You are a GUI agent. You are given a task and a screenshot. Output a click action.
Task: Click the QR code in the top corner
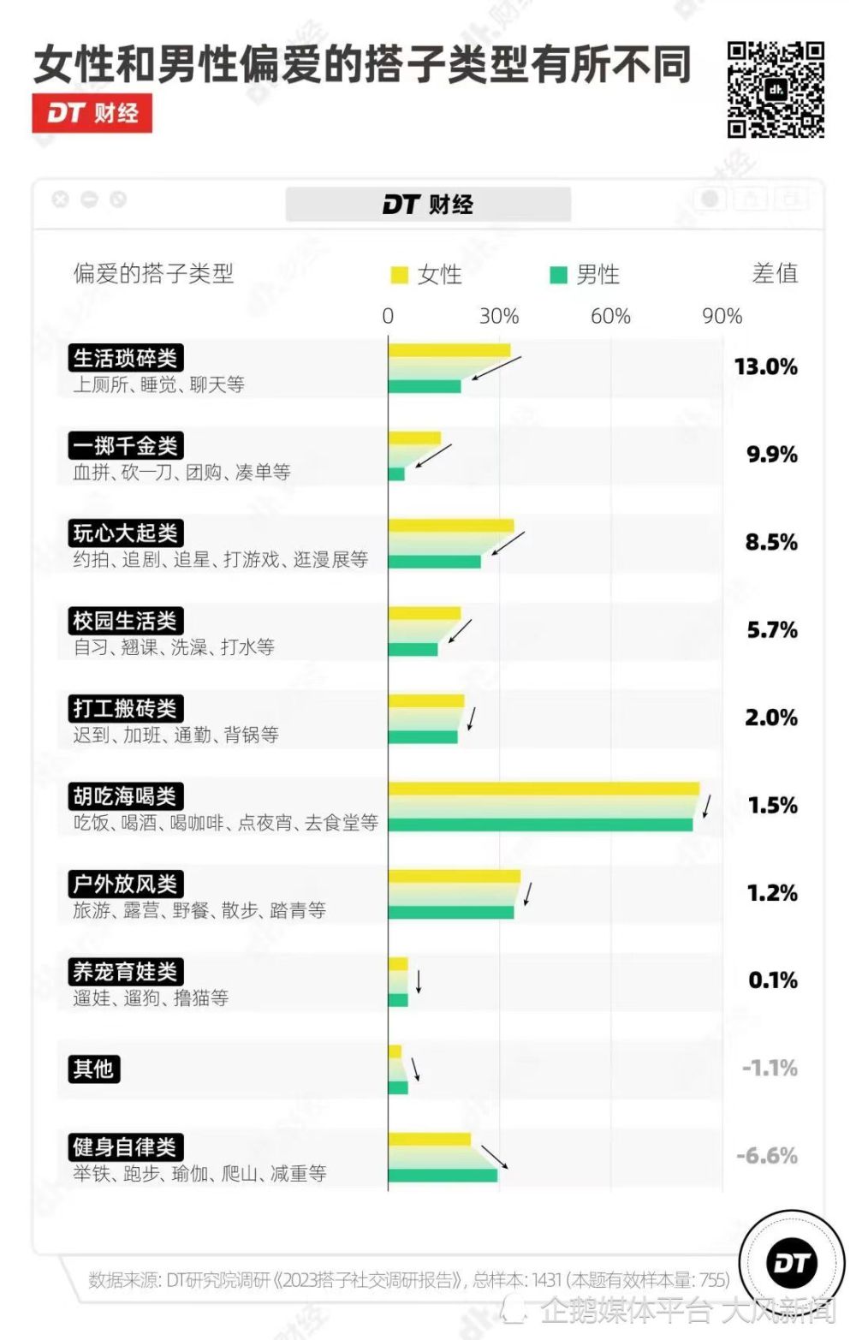point(776,90)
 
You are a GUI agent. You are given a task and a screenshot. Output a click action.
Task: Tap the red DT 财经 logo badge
point(92,112)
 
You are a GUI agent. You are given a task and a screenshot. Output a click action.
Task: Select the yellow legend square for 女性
point(399,275)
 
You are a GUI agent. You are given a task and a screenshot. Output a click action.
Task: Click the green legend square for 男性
point(558,275)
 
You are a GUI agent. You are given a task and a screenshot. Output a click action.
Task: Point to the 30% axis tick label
point(499,316)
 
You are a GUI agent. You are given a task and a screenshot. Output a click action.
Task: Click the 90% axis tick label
point(722,316)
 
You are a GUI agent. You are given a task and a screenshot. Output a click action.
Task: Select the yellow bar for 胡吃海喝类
point(544,789)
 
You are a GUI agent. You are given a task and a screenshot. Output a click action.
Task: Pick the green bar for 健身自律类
point(443,1175)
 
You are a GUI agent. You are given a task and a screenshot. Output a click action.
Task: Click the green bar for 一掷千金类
point(396,473)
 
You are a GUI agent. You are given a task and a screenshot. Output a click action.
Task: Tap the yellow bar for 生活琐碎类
point(449,350)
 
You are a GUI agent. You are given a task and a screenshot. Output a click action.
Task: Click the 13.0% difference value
point(765,366)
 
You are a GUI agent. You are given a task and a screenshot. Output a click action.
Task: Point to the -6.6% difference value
point(767,1156)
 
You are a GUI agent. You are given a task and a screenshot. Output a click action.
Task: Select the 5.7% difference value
point(771,630)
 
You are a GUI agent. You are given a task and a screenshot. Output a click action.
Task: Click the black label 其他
point(94,1069)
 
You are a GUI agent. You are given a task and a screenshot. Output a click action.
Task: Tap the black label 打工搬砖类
point(126,708)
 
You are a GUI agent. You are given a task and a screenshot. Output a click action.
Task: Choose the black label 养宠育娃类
point(126,972)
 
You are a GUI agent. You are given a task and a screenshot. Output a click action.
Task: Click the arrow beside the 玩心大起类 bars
point(508,543)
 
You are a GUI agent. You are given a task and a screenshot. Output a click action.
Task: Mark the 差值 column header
point(775,273)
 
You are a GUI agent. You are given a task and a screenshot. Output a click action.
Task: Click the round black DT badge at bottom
point(792,1264)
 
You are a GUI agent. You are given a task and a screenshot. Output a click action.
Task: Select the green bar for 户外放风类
point(451,912)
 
